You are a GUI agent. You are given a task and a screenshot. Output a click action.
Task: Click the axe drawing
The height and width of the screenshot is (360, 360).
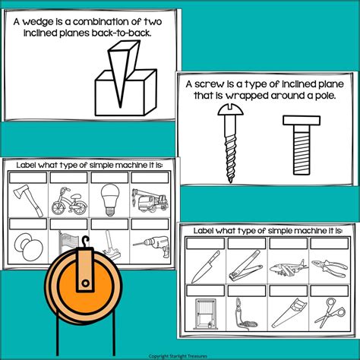pos(29,201)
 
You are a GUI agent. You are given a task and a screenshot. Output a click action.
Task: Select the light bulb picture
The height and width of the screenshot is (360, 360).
pos(110,200)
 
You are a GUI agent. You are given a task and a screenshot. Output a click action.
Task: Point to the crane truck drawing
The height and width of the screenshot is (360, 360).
pos(150,201)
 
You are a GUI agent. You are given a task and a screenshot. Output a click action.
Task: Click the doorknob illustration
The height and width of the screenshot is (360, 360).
pos(29,247)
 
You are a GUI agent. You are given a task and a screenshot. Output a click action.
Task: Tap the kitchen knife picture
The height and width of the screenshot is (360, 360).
pos(206,267)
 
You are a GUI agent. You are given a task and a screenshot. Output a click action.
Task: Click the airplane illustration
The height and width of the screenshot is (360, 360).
pos(289,268)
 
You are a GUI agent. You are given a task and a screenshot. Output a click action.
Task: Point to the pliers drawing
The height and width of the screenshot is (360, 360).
pos(330,268)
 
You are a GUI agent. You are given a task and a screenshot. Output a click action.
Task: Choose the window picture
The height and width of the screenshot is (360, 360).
pos(206,314)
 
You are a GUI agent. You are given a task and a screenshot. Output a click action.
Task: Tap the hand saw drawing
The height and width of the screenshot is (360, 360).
pos(289,313)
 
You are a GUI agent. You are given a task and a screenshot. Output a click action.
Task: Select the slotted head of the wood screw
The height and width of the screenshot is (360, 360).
pos(230,109)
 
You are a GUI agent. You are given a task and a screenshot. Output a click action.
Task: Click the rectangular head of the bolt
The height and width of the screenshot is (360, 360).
pos(302,121)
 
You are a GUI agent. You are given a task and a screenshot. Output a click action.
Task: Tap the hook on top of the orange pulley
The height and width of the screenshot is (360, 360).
pos(86,242)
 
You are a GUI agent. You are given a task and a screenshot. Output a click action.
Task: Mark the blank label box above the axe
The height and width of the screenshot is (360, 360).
pos(28,178)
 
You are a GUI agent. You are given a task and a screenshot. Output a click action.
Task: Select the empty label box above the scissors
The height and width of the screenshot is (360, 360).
pos(330,291)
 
